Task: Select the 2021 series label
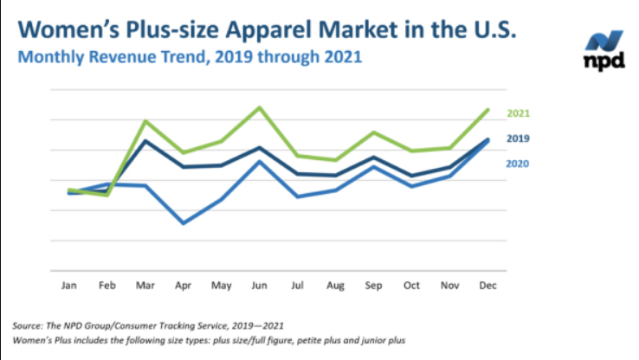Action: tap(518, 113)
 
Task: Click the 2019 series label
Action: tap(518, 138)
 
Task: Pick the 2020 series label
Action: tap(518, 164)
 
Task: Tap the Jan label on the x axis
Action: tap(68, 285)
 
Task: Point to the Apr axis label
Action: tap(183, 285)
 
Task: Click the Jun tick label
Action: tap(259, 285)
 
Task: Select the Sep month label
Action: tap(373, 285)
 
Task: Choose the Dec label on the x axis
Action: tap(487, 285)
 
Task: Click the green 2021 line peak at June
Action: tap(259, 107)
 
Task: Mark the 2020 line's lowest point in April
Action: tap(183, 223)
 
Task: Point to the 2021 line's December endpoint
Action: tap(488, 110)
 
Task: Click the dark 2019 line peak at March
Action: tap(145, 140)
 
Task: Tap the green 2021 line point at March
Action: tap(145, 121)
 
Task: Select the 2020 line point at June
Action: tap(259, 161)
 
